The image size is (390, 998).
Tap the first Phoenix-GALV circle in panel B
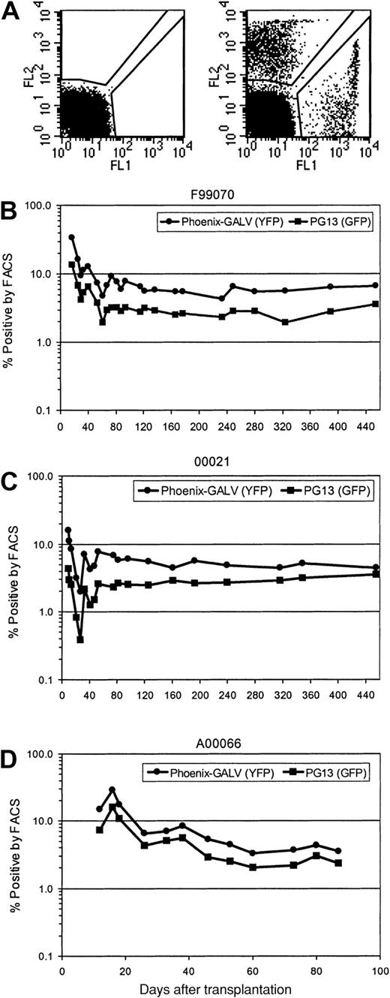(x=71, y=237)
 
